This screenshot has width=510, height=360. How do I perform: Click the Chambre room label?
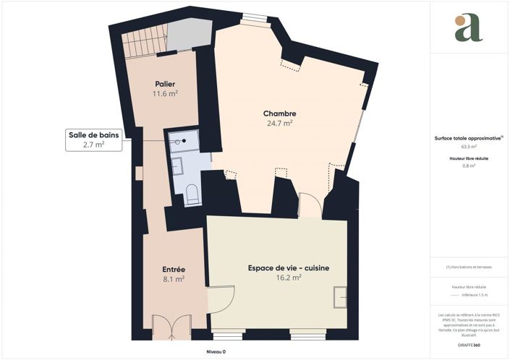(279, 113)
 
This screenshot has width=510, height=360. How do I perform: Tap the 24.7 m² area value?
(279, 124)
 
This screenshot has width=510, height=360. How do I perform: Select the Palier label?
(165, 85)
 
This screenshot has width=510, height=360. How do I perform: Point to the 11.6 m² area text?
(165, 94)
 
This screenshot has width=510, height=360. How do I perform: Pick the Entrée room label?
(174, 269)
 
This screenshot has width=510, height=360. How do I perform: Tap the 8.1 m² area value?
(174, 278)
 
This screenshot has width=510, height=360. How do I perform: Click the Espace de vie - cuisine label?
(289, 268)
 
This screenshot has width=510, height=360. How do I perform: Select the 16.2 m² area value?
(289, 278)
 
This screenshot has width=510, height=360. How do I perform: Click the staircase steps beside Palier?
(143, 43)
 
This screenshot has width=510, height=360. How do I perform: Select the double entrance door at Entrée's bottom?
(172, 330)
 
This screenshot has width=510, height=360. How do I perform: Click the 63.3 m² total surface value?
(469, 146)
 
